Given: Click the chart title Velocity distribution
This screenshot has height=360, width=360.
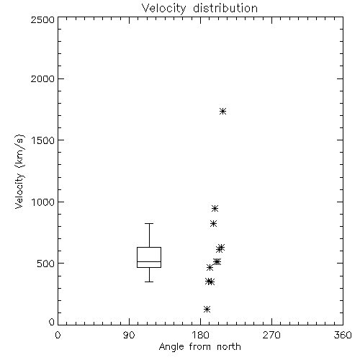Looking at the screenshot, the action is [199, 9].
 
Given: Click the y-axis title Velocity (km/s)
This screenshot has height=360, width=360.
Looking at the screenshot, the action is [19, 171].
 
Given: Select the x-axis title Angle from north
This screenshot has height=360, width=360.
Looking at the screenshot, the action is [199, 347].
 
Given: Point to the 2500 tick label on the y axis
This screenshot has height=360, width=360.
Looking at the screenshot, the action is [42, 19].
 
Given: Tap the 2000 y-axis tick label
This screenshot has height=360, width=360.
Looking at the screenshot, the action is [42, 78].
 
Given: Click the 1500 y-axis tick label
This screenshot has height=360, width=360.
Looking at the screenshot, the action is [43, 140].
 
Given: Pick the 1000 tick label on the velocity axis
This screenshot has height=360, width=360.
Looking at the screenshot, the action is [43, 202].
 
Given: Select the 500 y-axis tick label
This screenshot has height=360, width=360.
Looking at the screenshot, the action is [46, 264].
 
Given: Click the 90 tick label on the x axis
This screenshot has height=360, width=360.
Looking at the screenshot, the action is [129, 335].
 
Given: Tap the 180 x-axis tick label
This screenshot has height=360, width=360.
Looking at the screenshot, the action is [200, 335].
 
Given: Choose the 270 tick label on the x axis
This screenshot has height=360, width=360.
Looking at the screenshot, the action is [271, 335].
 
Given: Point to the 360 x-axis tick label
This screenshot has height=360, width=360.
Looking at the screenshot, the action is [343, 335].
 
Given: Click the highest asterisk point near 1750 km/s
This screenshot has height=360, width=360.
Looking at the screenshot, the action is [223, 111].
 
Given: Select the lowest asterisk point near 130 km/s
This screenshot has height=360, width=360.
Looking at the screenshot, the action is [207, 309].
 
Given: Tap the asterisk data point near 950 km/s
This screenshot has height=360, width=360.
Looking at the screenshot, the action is [215, 208].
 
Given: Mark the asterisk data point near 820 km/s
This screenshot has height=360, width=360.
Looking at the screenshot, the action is [213, 224].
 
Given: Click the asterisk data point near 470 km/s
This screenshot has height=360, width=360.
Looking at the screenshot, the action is [210, 267].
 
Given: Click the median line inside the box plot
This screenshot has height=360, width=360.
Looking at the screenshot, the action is [149, 261].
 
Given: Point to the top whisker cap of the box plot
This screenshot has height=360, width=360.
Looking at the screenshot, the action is [149, 223].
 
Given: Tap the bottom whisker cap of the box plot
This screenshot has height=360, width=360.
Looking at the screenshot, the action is [149, 282].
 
